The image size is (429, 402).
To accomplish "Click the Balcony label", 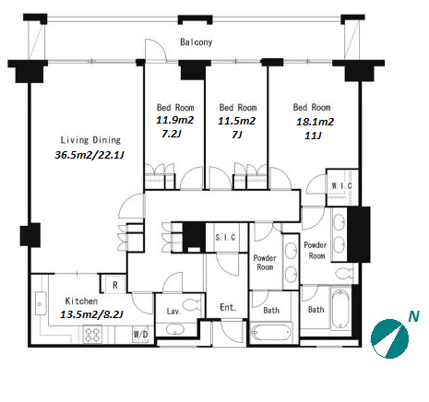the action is pyautogui.click(x=197, y=42).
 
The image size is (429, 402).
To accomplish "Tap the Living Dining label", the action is pyautogui.click(x=90, y=140).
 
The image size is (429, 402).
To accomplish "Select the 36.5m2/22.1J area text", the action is pyautogui.click(x=89, y=155).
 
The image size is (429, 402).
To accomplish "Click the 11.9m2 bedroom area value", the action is pyautogui.click(x=175, y=120).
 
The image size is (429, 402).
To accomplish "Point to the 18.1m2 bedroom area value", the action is pyautogui.click(x=315, y=122).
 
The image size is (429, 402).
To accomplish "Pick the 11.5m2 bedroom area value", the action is pyautogui.click(x=236, y=121).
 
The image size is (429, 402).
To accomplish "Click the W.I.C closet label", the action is pyautogui.click(x=341, y=185).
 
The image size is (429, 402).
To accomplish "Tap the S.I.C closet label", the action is pyautogui.click(x=225, y=237).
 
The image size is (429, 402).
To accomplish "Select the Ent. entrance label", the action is pyautogui.click(x=228, y=307).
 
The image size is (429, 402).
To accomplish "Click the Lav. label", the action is pyautogui.click(x=173, y=312).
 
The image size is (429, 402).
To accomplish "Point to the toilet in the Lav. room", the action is pyautogui.click(x=192, y=305).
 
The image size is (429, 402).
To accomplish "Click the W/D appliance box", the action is pyautogui.click(x=140, y=334).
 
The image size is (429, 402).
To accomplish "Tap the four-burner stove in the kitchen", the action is pyautogui.click(x=92, y=335).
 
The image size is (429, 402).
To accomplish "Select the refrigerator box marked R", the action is pyautogui.click(x=114, y=285).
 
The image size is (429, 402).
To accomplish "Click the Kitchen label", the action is pyautogui.click(x=81, y=301).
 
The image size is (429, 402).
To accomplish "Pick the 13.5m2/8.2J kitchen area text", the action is pyautogui.click(x=91, y=314).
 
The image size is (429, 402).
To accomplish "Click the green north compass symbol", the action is pyautogui.click(x=389, y=338).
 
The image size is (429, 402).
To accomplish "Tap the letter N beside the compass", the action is pyautogui.click(x=413, y=316).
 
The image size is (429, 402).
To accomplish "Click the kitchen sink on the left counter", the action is pyautogui.click(x=41, y=303).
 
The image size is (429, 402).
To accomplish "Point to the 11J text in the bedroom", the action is pyautogui.click(x=313, y=136).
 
